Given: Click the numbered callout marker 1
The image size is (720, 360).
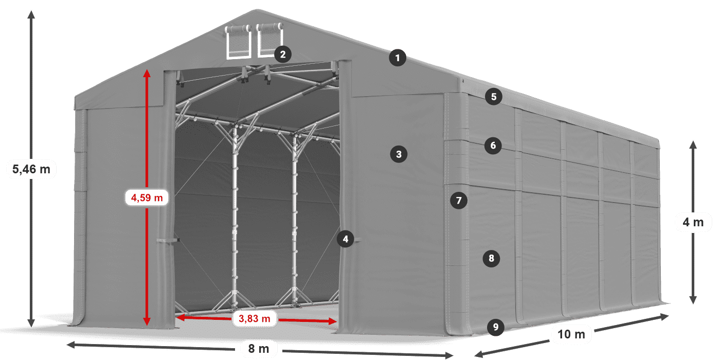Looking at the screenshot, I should pyautogui.click(x=397, y=58).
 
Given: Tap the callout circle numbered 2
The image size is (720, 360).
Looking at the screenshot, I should pyautogui.click(x=283, y=54).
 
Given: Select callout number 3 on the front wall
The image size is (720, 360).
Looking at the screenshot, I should pyautogui.click(x=399, y=153).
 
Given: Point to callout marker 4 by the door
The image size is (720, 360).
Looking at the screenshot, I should pyautogui.click(x=346, y=239).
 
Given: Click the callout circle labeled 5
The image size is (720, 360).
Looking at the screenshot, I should pyautogui.click(x=493, y=96).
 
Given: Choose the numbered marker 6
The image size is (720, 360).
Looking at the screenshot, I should pyautogui.click(x=493, y=146).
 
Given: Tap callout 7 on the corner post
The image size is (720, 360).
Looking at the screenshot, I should pyautogui.click(x=459, y=200).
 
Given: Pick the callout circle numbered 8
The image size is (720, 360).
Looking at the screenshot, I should pyautogui.click(x=492, y=258).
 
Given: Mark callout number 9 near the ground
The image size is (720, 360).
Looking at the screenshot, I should pyautogui.click(x=495, y=326).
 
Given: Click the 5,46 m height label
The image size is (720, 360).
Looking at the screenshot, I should pyautogui.click(x=31, y=169).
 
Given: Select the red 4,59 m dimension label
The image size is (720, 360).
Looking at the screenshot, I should pyautogui.click(x=147, y=197).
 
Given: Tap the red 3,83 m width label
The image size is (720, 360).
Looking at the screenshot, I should pyautogui.click(x=255, y=319).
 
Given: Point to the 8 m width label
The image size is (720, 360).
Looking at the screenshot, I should pyautogui.click(x=259, y=349).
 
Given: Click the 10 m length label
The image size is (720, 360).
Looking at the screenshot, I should pyautogui.click(x=571, y=334).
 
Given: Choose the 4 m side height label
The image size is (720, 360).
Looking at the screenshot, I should pyautogui.click(x=693, y=223).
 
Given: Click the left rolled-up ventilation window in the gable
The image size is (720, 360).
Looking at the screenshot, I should pyautogui.click(x=238, y=41).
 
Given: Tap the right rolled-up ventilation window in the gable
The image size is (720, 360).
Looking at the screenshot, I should pyautogui.click(x=269, y=40).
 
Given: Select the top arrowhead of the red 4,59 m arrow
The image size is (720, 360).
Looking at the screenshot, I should pyautogui.click(x=147, y=73).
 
